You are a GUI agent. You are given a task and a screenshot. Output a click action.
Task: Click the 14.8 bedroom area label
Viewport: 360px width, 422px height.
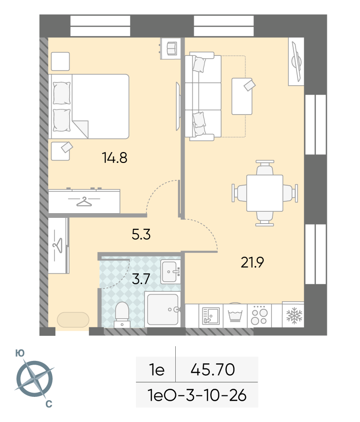[115, 158]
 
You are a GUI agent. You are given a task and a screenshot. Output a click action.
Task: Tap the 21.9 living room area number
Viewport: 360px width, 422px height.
[252, 262]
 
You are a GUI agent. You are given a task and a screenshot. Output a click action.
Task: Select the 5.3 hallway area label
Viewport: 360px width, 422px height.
[141, 234]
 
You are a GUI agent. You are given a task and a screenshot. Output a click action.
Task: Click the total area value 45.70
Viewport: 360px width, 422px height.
[213, 369]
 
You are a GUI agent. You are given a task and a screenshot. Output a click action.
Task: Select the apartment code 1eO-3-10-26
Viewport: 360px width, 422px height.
[197, 395]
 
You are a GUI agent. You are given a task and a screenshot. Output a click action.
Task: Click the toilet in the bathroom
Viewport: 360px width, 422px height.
[122, 314]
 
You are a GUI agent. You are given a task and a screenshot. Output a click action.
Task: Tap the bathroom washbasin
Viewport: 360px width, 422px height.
[171, 271]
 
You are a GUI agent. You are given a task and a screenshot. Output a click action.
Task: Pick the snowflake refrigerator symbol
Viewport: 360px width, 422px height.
[294, 315]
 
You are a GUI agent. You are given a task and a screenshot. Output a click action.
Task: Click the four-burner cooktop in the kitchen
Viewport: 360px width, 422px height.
[259, 315]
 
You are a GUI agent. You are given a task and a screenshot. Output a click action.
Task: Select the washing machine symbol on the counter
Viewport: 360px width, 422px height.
[235, 315]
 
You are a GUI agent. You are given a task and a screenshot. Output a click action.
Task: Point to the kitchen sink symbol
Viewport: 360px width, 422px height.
[211, 316]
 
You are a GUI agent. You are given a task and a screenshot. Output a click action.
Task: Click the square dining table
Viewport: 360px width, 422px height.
[265, 193]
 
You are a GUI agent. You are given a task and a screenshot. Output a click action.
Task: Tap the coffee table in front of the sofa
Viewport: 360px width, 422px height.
[242, 96]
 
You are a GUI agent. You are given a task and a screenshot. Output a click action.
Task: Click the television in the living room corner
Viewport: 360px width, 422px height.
[297, 62]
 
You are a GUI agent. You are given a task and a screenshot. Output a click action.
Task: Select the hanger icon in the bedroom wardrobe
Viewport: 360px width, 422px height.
[84, 201]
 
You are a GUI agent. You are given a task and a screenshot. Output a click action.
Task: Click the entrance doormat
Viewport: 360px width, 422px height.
[73, 320]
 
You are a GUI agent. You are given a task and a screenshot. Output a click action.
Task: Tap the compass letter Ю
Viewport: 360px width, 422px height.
[20, 353]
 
